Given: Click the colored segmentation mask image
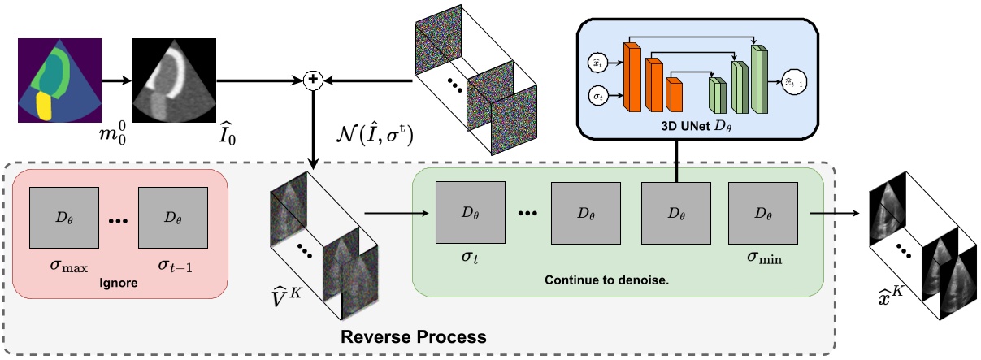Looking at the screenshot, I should tap(59, 80).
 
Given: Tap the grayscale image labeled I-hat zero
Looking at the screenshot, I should tap(174, 80).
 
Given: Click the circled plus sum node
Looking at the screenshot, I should tap(311, 80).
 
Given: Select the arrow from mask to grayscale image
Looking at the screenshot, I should tap(115, 80).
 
